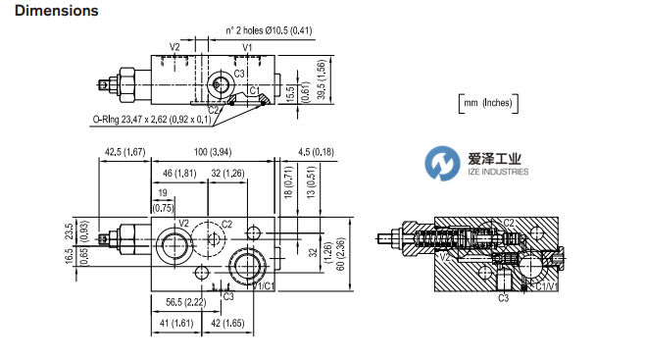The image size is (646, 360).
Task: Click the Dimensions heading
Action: [50, 12]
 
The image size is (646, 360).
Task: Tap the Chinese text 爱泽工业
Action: [492, 157]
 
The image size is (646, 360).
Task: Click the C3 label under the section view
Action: [503, 296]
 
